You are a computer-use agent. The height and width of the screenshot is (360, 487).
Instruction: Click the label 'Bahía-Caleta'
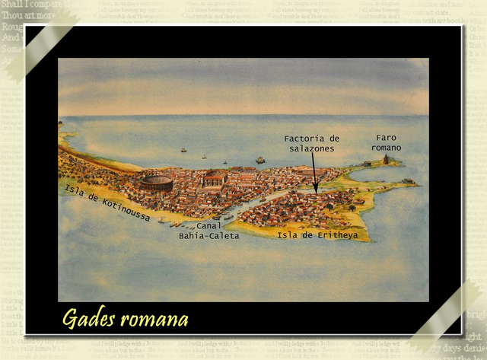point(208,236)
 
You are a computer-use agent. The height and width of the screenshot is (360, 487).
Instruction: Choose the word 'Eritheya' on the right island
point(334,234)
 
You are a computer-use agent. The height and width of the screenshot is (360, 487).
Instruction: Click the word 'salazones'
point(312,148)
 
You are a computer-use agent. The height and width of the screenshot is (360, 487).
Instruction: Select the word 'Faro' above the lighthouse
point(386,137)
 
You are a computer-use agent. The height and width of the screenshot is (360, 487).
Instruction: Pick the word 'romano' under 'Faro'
point(387,147)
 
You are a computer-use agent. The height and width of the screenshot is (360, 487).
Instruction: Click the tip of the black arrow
point(316,191)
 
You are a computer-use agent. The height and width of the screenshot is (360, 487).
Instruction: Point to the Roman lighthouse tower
point(386,159)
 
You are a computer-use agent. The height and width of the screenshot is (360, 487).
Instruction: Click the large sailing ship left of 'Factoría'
point(260,160)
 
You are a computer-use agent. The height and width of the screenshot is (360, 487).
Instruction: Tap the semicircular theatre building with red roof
point(215,179)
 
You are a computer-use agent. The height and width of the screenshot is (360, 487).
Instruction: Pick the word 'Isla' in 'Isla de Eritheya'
point(288,234)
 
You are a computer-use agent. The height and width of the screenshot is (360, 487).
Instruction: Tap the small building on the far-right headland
point(409,181)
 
